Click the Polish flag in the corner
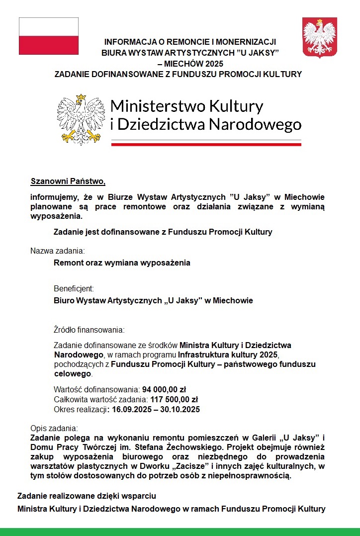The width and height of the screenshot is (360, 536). (x=48, y=36)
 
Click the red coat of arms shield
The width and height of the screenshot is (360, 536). (x=320, y=37)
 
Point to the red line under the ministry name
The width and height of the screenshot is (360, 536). (x=206, y=144)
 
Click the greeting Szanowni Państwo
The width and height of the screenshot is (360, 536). (x=68, y=180)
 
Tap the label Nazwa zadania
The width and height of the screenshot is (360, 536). (x=58, y=250)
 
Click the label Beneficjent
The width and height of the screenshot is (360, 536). (x=74, y=288)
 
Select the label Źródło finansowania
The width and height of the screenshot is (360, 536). (x=89, y=330)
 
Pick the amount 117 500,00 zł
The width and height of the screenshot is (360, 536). (x=178, y=399)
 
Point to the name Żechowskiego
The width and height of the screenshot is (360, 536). (x=188, y=447)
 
